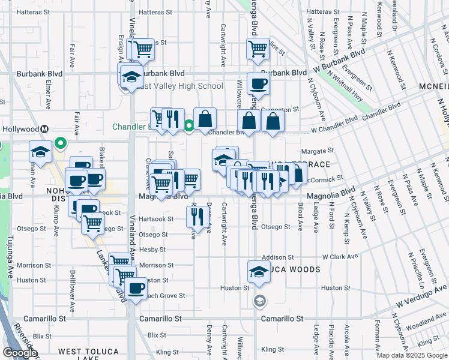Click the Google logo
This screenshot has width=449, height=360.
click(x=20, y=353)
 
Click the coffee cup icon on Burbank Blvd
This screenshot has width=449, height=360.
click(x=258, y=84)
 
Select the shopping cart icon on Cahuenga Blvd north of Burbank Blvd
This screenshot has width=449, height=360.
click(x=258, y=49)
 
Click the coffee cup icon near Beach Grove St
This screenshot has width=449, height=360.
click(x=136, y=289)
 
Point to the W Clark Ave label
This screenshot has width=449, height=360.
click(x=340, y=256)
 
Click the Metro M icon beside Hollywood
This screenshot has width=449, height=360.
click(x=44, y=129)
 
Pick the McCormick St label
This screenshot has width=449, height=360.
click(x=324, y=178)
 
